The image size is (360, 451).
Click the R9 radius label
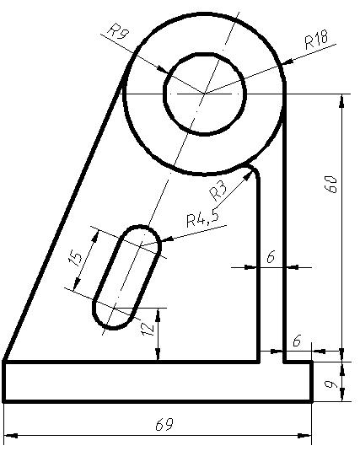(x=117, y=30)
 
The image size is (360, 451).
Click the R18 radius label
(x=316, y=40)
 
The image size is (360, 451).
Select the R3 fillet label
(x=218, y=191)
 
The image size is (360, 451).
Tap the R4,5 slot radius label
(x=202, y=218)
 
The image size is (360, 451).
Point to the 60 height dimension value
(x=330, y=184)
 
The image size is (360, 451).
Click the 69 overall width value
(x=164, y=425)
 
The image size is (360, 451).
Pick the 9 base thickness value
(x=330, y=384)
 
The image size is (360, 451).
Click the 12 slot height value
(x=148, y=329)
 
